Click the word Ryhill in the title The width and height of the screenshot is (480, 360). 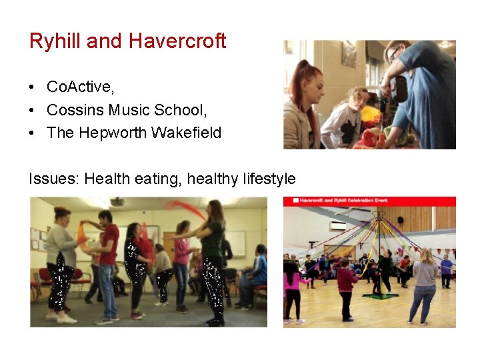pos(55,41)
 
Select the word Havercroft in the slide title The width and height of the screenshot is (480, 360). pos(177,41)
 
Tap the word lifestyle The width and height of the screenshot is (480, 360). pos(265,179)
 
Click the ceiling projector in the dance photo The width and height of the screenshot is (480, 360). pos(117,201)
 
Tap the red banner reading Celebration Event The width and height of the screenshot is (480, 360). pos(369,201)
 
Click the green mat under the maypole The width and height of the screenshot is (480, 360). pos(379,296)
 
